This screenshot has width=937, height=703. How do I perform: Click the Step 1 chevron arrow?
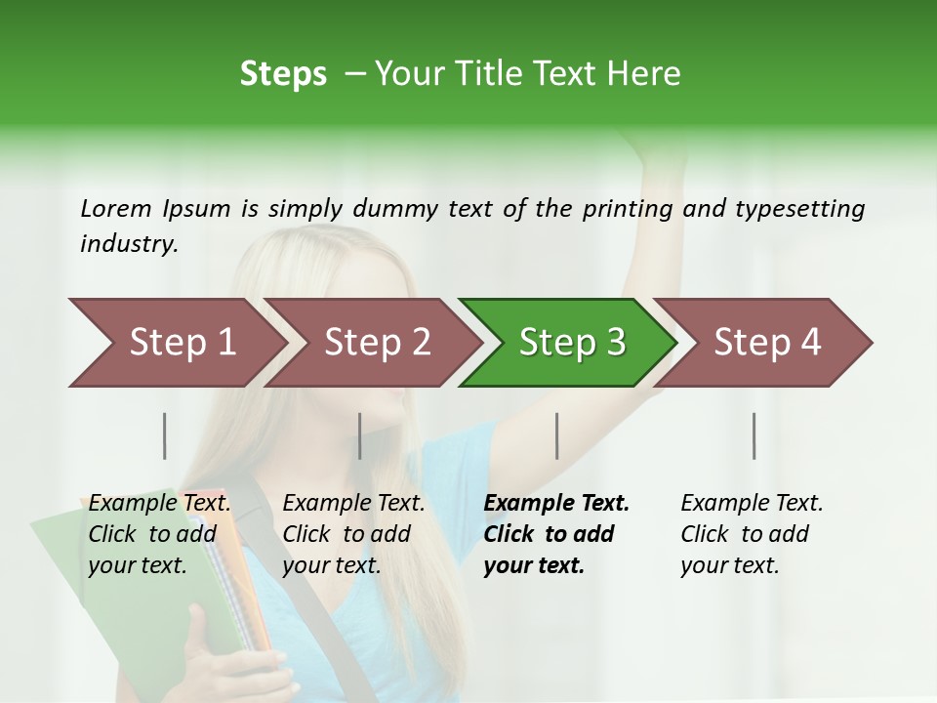click(x=183, y=343)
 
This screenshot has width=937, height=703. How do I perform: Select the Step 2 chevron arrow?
click(x=378, y=343)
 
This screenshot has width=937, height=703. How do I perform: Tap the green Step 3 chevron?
click(x=572, y=343)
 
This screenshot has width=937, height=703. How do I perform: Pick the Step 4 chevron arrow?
click(x=767, y=343)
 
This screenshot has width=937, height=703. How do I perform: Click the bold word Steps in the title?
click(x=283, y=74)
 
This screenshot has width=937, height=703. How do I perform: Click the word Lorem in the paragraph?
click(x=116, y=208)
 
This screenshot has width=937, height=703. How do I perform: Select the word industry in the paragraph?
click(x=128, y=244)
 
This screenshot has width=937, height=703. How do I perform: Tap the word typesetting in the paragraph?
click(x=801, y=208)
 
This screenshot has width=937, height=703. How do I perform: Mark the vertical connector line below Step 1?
click(x=165, y=435)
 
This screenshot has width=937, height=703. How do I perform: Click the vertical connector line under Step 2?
click(x=360, y=435)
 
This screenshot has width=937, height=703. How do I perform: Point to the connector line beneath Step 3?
click(x=557, y=435)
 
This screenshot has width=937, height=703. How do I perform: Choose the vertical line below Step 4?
click(x=754, y=435)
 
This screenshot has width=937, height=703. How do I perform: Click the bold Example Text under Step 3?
click(x=556, y=504)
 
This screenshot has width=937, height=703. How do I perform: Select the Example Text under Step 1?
click(x=159, y=504)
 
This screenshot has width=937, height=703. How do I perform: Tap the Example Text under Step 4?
click(x=752, y=504)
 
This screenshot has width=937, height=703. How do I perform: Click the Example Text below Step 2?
click(x=353, y=504)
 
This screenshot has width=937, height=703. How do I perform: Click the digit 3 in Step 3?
click(x=616, y=343)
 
